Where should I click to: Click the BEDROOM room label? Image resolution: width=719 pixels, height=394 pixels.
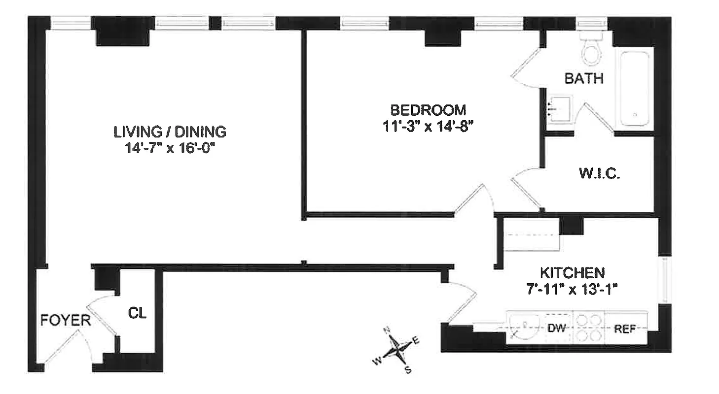428,109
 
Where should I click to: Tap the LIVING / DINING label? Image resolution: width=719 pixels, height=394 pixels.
170,132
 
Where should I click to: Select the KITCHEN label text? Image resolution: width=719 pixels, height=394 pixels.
572,272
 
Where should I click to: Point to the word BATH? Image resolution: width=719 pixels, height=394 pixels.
584,79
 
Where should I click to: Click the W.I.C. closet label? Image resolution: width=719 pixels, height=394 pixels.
599,173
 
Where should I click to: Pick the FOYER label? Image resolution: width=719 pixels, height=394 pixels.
66,321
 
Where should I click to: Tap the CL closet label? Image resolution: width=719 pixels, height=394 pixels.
138,312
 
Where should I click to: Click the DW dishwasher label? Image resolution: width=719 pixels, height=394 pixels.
556,328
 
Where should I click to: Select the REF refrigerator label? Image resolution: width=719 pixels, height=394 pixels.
625,328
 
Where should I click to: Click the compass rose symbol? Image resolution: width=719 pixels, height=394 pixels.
397,348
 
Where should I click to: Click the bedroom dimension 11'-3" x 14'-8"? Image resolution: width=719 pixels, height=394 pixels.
428,126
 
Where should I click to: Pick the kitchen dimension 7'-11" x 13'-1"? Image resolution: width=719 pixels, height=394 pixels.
572,290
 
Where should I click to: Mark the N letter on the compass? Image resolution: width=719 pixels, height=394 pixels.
388,330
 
